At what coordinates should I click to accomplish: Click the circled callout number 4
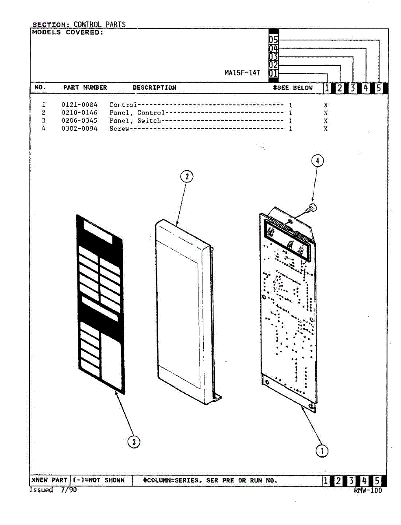click(317, 161)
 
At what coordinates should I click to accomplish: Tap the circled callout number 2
click(187, 176)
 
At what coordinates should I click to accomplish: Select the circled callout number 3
click(133, 442)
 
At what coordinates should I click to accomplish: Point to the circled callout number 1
click(322, 451)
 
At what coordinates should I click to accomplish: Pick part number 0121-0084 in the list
click(80, 105)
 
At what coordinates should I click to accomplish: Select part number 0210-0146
click(80, 113)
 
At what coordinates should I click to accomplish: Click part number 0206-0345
click(80, 121)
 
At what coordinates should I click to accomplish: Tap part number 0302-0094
click(80, 129)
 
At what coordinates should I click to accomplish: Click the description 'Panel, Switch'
click(135, 121)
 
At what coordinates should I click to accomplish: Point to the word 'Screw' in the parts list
click(119, 129)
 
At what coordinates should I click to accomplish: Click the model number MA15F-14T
click(242, 73)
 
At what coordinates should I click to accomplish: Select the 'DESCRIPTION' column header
click(154, 87)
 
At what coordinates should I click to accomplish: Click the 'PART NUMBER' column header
click(85, 87)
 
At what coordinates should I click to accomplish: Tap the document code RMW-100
click(368, 490)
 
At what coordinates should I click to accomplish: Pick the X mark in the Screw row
click(326, 129)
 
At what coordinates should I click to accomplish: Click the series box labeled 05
click(273, 41)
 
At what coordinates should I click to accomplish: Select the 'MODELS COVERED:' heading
click(67, 32)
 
